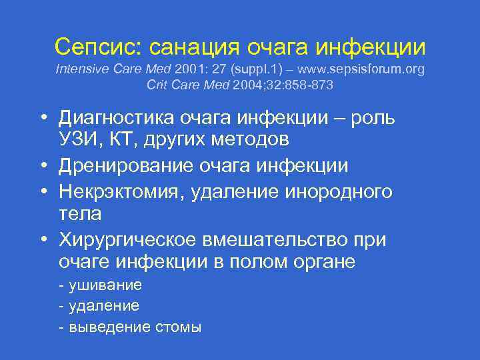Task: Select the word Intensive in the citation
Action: point(79,69)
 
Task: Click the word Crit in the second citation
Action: point(157,85)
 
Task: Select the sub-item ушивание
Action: point(105,285)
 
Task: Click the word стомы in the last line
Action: point(178,328)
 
